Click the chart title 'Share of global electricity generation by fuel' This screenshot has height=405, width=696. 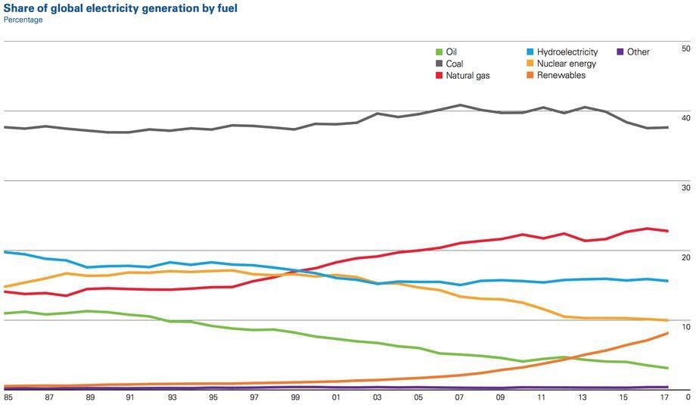point(120,8)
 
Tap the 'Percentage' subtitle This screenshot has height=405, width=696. point(23,20)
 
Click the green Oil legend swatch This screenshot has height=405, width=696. point(439,52)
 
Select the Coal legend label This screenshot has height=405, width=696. point(454,64)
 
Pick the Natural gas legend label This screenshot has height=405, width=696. point(468,76)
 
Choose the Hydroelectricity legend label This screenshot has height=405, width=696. point(567,52)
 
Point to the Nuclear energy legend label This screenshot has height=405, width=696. point(567,64)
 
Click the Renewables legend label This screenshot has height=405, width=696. point(561,76)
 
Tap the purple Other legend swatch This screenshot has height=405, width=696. point(620,52)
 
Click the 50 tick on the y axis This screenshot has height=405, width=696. point(685,48)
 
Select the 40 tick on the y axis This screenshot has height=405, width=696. point(685,118)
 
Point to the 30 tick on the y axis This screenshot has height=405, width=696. point(685,188)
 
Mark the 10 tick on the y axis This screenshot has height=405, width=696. point(685,327)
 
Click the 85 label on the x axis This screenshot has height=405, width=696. point(8,397)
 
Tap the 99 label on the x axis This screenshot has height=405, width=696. point(295,397)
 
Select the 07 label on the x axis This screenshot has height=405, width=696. point(459,397)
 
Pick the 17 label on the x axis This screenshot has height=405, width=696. point(664,397)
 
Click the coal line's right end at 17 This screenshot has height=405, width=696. point(667,127)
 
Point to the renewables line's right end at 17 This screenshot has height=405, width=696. point(667,333)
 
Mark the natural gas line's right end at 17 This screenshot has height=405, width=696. point(667,231)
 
